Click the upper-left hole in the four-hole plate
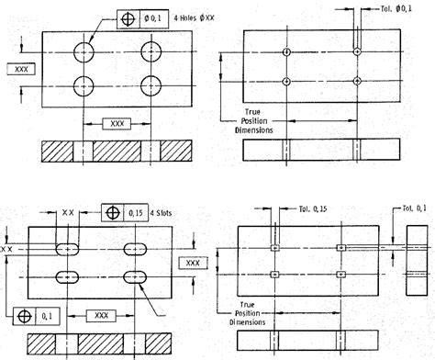tap(84, 50)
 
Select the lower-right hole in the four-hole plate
tap(151, 87)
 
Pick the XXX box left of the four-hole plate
tap(21, 69)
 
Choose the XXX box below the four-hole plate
tap(117, 122)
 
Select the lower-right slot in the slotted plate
tap(137, 276)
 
